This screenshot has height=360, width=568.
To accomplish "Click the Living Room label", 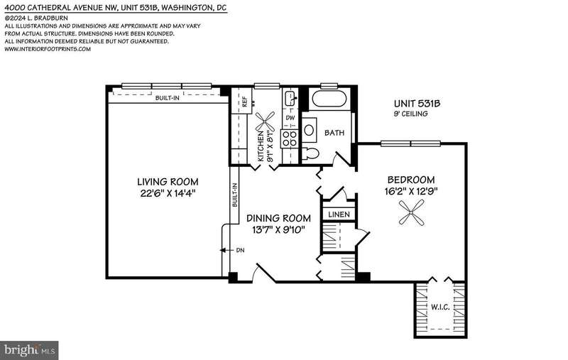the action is (168, 182).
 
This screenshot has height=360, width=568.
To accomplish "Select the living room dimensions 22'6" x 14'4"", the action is (168, 193).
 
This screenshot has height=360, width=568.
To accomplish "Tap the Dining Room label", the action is (278, 218).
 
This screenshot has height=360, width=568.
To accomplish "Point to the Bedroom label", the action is (411, 180).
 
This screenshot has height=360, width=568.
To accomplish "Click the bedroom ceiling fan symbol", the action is (412, 212).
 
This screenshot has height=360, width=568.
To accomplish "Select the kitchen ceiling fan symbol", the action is (265, 121).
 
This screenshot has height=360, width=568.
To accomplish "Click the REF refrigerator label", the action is (244, 101).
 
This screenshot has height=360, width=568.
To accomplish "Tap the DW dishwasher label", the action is (290, 118).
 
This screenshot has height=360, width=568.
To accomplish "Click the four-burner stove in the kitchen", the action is (290, 138).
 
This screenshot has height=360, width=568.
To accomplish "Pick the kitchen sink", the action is (291, 97).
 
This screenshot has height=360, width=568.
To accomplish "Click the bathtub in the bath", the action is (329, 99).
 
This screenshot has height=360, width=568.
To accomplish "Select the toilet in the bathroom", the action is (310, 153).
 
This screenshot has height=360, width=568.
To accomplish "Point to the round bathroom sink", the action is (309, 130).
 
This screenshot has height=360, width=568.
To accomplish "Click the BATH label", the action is (334, 133).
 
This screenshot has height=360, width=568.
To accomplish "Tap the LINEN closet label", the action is (339, 214).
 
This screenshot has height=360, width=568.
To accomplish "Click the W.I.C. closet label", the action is (440, 307).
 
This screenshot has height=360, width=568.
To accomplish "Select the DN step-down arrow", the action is (226, 250).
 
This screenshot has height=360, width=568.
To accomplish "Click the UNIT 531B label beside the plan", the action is (417, 104).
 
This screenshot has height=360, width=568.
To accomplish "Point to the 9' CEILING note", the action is (411, 114).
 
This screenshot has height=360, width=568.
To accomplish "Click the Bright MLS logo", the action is (29, 350).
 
